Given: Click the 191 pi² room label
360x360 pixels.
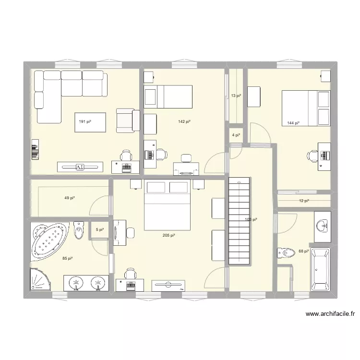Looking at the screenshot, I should coord(85,122).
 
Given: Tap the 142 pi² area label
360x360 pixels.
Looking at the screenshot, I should coord(184,122).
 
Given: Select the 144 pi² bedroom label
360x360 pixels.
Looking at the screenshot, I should coord(293,123).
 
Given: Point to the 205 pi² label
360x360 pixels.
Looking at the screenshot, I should coord(168,235).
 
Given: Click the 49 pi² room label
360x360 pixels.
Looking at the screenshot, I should coord(70,198).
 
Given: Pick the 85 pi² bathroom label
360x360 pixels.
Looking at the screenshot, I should coord(67,259).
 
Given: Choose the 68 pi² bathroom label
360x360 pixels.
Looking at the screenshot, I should coord(303,251).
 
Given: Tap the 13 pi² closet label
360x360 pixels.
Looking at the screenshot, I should coord(236,96).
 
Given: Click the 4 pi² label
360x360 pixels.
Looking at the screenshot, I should coord(236,136).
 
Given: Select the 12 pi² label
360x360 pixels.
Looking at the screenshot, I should coord(304,201).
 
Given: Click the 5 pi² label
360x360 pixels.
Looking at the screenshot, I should coord(100,230).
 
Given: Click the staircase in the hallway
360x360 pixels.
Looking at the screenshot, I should coord(239,221).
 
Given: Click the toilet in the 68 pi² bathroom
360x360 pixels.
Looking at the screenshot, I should coord(287,252).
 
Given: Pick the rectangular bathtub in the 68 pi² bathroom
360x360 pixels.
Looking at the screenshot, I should coord(320,270).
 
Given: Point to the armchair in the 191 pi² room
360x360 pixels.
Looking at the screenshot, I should coord(127,120).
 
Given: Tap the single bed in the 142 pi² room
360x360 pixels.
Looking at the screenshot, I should coord(168,97).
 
